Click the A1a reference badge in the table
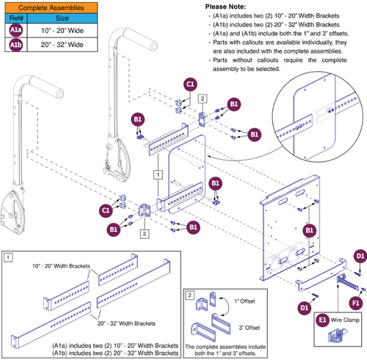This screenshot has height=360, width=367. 15,32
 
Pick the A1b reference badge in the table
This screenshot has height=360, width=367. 15,45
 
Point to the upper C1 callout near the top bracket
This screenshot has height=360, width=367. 189,85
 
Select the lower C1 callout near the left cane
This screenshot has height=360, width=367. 105,212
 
